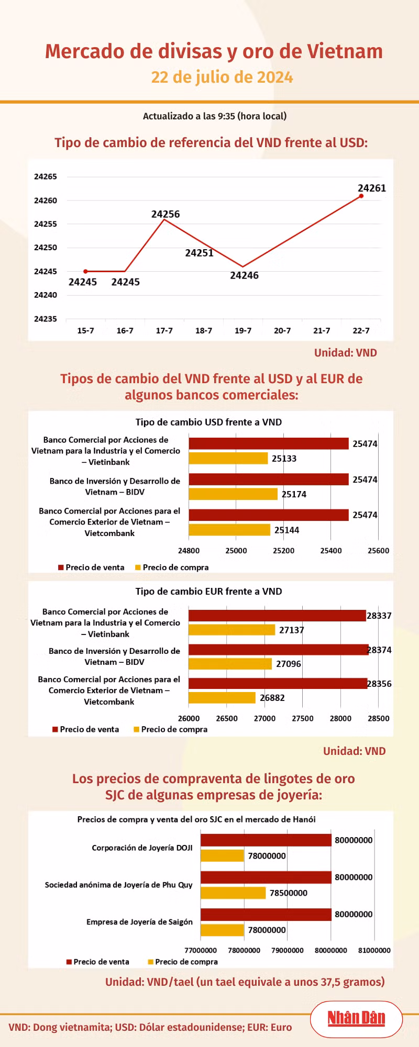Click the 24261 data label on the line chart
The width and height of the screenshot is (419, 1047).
pos(371,188)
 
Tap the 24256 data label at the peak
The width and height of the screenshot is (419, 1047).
pos(166,214)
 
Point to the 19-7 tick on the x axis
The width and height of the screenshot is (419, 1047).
pos(243,331)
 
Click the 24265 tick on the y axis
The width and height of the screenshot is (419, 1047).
pos(46,177)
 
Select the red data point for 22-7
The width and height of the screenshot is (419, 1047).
pos(361,196)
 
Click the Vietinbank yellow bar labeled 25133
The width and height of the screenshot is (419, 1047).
pos(228,459)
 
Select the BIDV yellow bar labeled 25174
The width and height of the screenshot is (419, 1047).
pos(233,494)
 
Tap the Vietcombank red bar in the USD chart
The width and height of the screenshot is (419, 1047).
pos(269,515)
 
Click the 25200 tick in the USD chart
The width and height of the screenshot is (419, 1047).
pos(283,551)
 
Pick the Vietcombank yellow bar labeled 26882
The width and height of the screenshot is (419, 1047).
pos(222,698)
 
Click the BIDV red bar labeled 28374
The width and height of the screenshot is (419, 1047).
pos(278,650)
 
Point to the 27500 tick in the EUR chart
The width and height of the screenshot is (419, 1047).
pos(303,719)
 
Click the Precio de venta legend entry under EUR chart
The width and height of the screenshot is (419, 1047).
pos(86,729)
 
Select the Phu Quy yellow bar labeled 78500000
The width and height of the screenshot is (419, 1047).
pos(233,893)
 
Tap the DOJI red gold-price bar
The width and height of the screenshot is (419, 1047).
pos(266,840)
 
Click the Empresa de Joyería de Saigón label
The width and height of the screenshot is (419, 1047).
pos(139,922)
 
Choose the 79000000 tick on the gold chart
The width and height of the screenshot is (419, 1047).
pos(288,950)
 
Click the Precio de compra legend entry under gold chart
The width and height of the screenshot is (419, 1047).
pos(183,962)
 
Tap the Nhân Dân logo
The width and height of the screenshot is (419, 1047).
pos(356,1018)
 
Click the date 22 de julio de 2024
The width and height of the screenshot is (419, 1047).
pos(222,77)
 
